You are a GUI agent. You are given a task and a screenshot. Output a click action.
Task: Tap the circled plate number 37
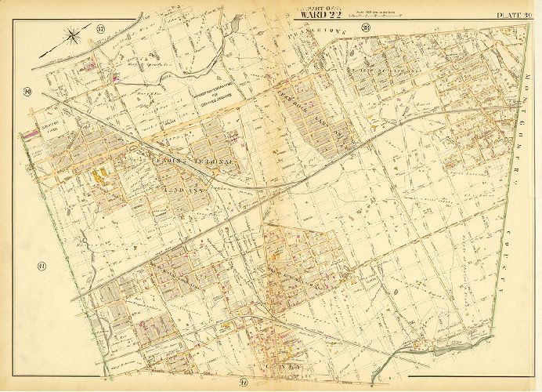coord(101,30)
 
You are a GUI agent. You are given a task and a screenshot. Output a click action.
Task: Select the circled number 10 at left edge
coord(26,93)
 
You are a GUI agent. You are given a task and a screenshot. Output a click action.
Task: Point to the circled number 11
coord(41,267)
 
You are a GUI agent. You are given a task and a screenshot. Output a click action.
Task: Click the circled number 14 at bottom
coord(244,383)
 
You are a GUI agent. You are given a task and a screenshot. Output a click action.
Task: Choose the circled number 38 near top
coord(365,28)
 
